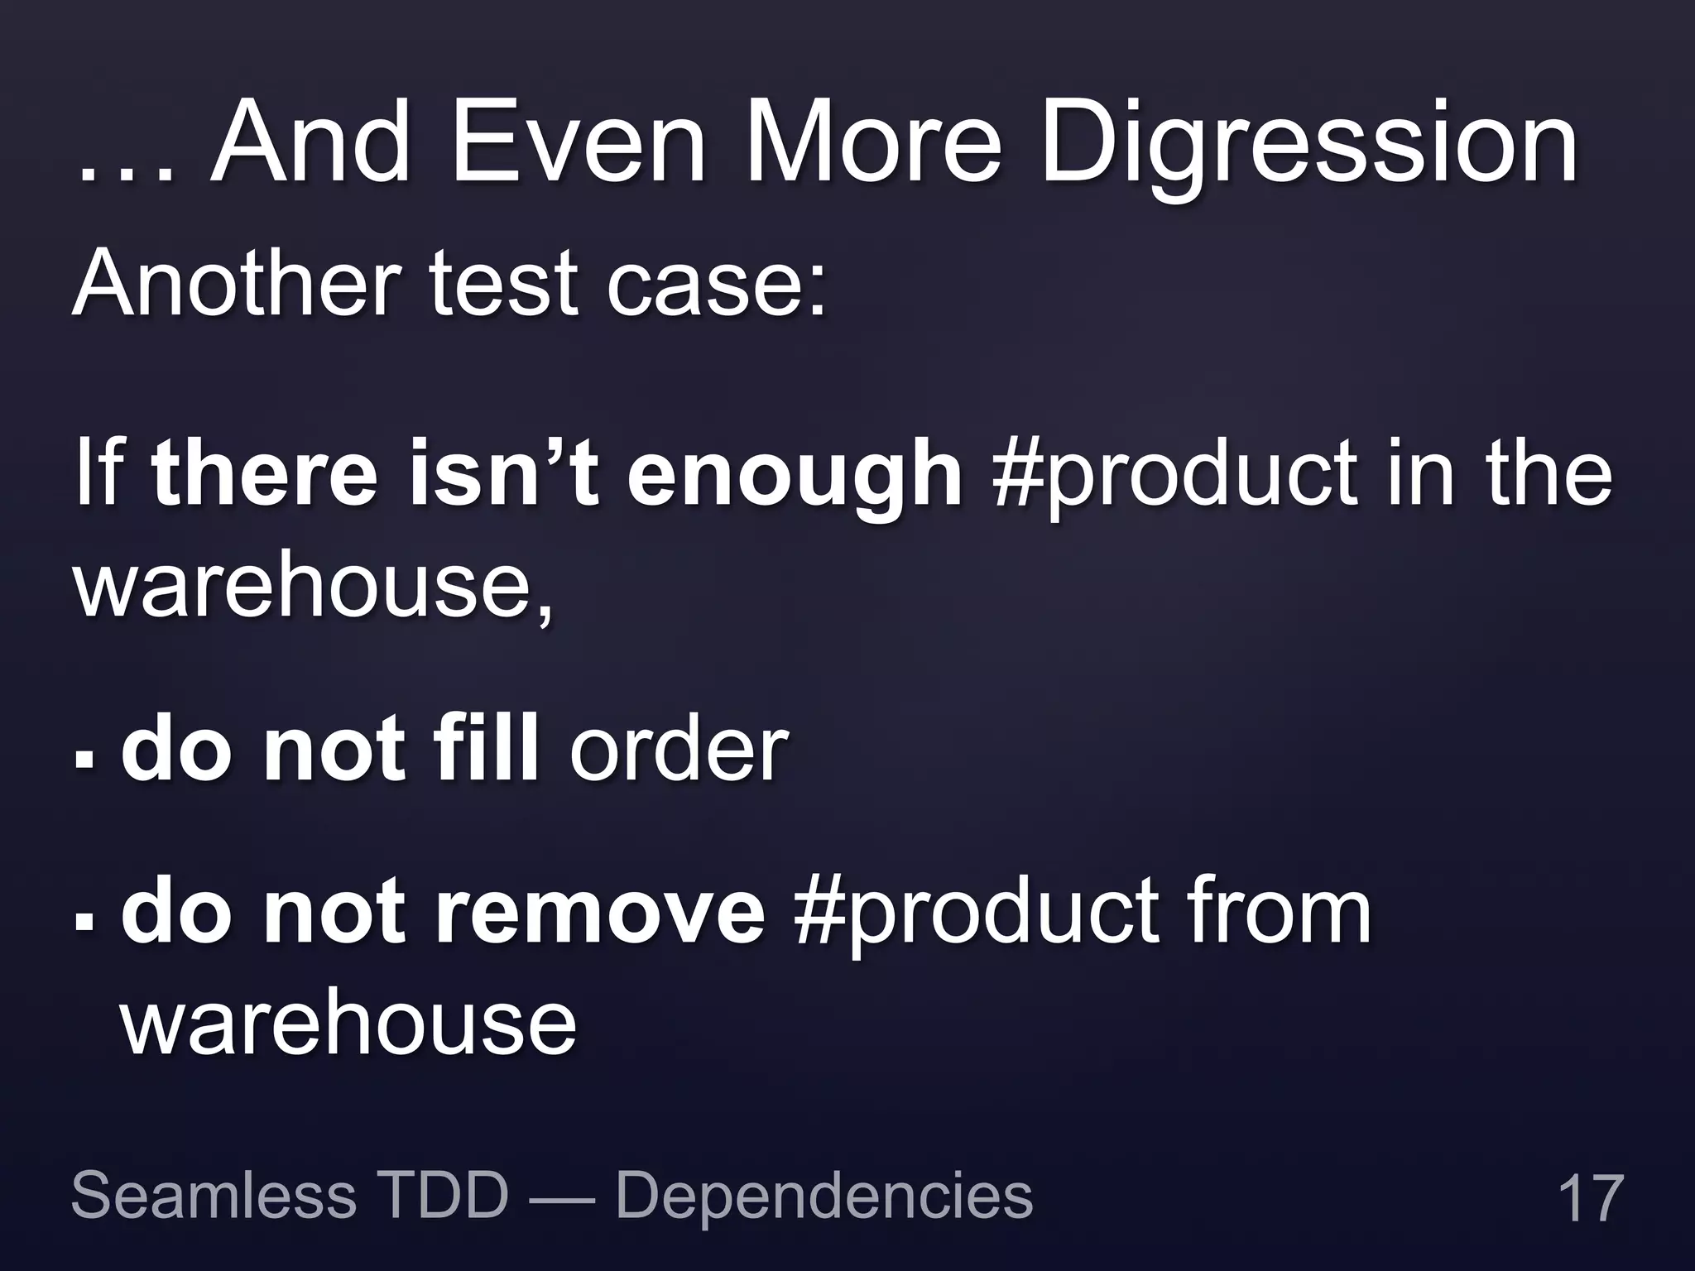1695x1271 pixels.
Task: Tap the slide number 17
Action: [1589, 1197]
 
